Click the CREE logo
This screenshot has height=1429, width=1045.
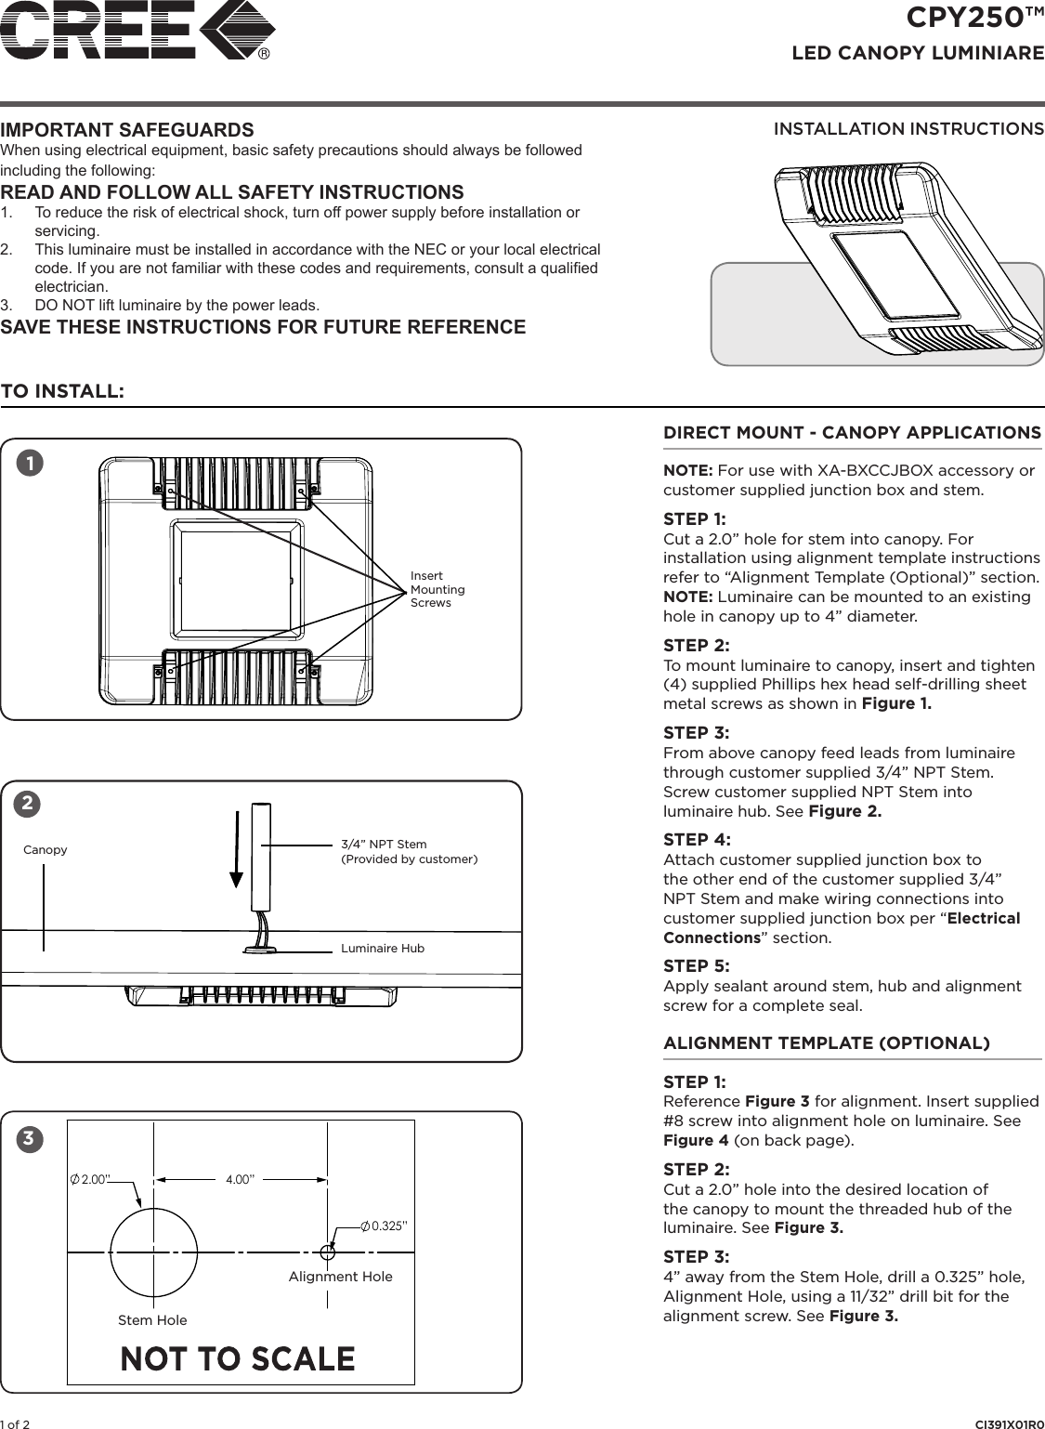click(137, 29)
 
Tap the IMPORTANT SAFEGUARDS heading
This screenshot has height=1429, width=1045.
click(127, 129)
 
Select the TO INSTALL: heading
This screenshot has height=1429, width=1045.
click(62, 390)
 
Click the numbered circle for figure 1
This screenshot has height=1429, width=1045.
click(32, 463)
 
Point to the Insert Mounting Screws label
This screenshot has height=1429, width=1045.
click(438, 589)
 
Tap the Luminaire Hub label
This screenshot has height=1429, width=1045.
click(382, 949)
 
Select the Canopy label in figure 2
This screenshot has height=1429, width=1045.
click(45, 849)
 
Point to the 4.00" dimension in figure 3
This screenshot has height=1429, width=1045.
click(240, 1179)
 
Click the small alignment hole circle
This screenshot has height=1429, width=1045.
click(326, 1252)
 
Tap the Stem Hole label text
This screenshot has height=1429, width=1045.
click(152, 1319)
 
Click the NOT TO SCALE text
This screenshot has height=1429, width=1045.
click(238, 1358)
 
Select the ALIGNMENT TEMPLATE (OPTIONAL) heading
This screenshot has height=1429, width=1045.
click(827, 1042)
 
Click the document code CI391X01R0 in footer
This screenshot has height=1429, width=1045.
click(1009, 1423)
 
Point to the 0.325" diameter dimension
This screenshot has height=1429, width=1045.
click(384, 1226)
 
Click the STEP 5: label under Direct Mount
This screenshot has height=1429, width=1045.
click(696, 965)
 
